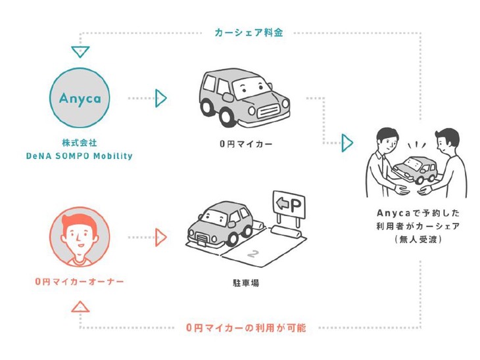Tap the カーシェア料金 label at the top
pos(249,32)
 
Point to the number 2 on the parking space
pos(251,253)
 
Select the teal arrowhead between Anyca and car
pos(160,99)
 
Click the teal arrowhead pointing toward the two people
pos(347,143)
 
